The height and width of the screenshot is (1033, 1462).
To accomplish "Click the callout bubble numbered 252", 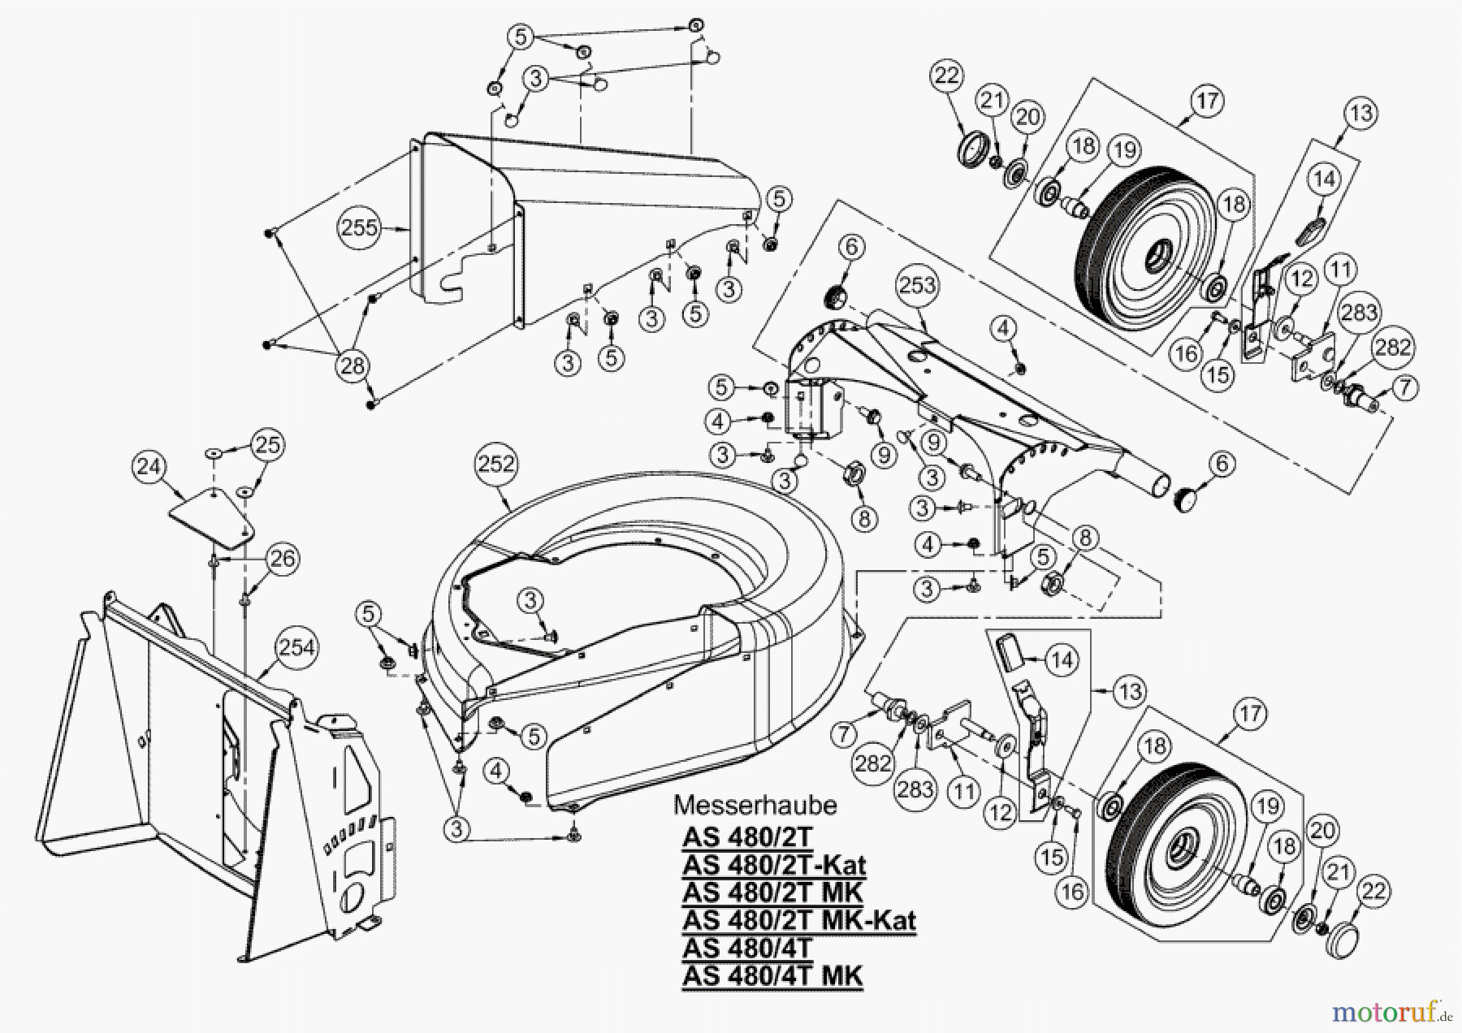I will [x=496, y=464].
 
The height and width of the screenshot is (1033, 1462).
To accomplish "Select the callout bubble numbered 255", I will [x=359, y=227].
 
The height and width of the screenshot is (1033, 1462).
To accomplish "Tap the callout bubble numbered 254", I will [x=296, y=647].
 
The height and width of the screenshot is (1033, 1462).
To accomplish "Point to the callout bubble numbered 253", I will [x=917, y=285].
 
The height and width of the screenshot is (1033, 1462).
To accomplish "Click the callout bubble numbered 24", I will [x=149, y=467].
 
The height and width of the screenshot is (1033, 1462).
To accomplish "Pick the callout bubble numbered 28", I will [x=352, y=365].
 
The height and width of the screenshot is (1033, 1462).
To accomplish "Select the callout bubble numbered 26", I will [x=283, y=559].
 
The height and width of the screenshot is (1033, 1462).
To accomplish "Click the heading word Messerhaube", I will [x=755, y=805].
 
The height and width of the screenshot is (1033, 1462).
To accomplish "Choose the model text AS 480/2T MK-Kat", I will [x=799, y=920].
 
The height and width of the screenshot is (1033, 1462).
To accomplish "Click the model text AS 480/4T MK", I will [x=772, y=975].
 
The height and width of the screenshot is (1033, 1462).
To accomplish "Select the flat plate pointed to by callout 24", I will [x=210, y=517].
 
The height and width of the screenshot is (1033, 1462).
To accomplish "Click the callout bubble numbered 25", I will [x=268, y=444].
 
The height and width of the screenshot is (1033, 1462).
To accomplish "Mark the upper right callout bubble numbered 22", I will [x=946, y=76].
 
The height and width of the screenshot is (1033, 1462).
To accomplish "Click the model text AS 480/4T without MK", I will [x=747, y=948].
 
